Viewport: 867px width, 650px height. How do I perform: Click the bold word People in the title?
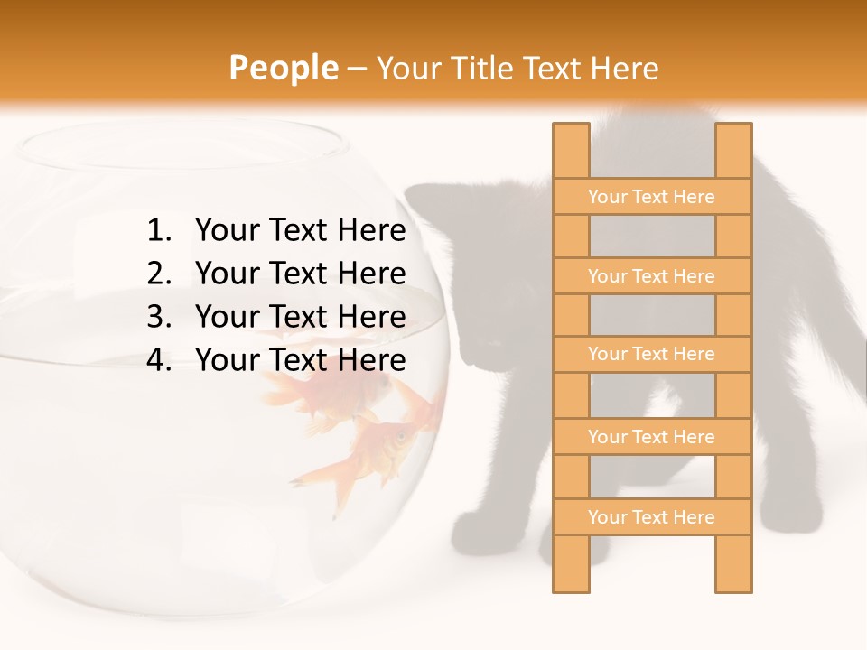[283, 68]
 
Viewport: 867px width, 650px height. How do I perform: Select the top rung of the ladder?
[651, 197]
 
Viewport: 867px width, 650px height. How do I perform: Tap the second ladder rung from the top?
[651, 276]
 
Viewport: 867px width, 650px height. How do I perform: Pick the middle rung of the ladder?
[651, 354]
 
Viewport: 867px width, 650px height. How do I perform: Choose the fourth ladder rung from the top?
[651, 437]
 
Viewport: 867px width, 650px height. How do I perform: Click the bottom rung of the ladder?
[651, 517]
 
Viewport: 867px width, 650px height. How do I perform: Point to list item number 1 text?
[300, 231]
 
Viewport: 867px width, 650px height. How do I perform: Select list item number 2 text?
[300, 274]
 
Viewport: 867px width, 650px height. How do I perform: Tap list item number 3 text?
[300, 317]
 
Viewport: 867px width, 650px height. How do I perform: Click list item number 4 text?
[300, 360]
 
